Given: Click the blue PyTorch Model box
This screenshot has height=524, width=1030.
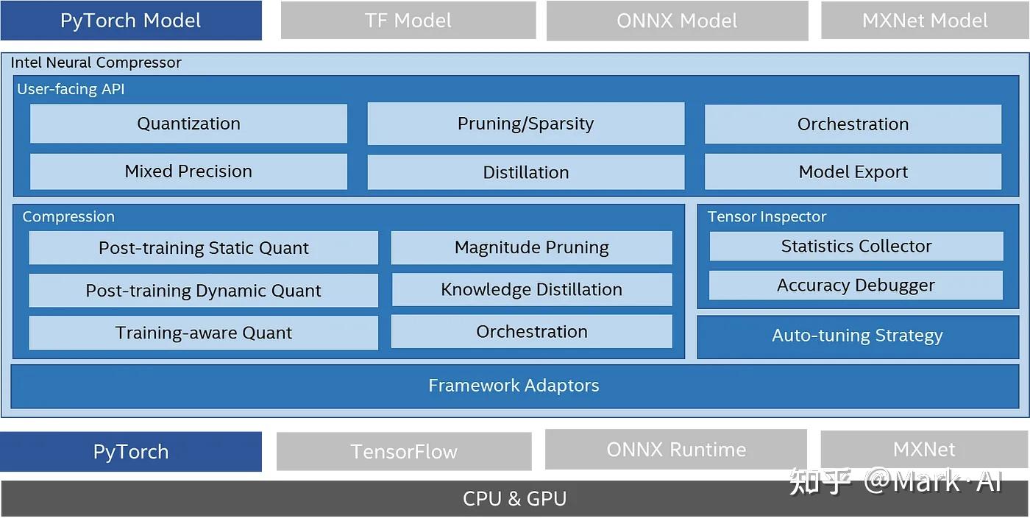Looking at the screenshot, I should (131, 21).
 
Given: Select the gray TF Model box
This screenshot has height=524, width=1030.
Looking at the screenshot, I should (408, 21).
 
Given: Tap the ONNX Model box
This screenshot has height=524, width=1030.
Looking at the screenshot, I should (677, 21).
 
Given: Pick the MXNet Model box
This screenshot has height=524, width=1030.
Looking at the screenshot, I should (925, 21).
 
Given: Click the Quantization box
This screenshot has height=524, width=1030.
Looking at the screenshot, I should (188, 124).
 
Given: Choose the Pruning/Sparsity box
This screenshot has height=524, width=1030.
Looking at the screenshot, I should (525, 124).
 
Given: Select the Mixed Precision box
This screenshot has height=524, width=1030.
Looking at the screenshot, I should (188, 171).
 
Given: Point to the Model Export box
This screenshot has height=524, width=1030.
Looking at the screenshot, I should (853, 172).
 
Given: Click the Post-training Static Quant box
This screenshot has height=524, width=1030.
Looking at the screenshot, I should (203, 248).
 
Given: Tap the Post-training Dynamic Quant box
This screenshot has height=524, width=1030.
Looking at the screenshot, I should (203, 291).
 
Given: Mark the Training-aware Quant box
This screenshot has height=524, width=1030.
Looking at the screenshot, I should (203, 333).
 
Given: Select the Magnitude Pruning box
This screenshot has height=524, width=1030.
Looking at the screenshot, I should (531, 247).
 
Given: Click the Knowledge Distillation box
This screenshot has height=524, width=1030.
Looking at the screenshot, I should (531, 289).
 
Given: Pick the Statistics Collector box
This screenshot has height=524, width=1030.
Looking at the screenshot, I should (856, 247).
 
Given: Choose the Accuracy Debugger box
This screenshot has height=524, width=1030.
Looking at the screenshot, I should (856, 286).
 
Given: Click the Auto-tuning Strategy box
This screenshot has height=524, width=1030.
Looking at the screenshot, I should (857, 336).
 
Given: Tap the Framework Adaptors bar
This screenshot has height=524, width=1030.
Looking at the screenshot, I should (514, 386).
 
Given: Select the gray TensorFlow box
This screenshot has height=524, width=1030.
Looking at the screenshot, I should (404, 451).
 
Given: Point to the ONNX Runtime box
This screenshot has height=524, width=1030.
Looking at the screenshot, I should (676, 450).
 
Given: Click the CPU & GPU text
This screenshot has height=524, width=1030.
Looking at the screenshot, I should (514, 499).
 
